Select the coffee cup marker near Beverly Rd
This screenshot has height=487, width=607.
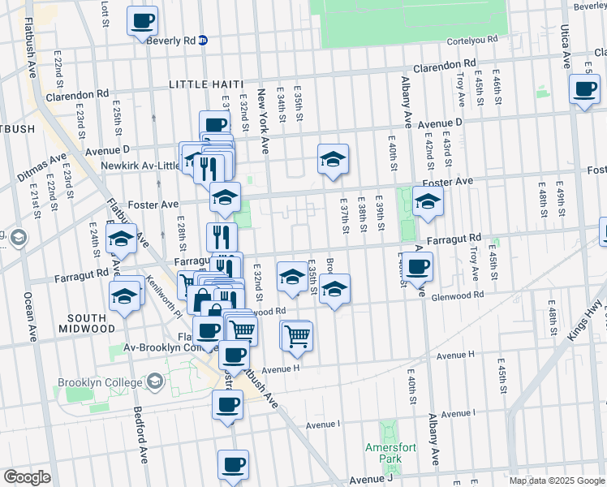tap(142, 20)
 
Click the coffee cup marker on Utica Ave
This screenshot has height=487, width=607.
tap(584, 89)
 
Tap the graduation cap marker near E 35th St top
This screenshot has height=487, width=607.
tap(332, 159)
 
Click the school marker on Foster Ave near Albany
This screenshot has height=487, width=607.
tap(428, 202)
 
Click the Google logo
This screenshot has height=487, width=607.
tap(27, 477)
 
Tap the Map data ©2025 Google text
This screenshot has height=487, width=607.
tap(557, 481)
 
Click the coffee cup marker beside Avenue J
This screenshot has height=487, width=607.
tap(233, 464)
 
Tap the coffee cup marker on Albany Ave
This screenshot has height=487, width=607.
tap(418, 266)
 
